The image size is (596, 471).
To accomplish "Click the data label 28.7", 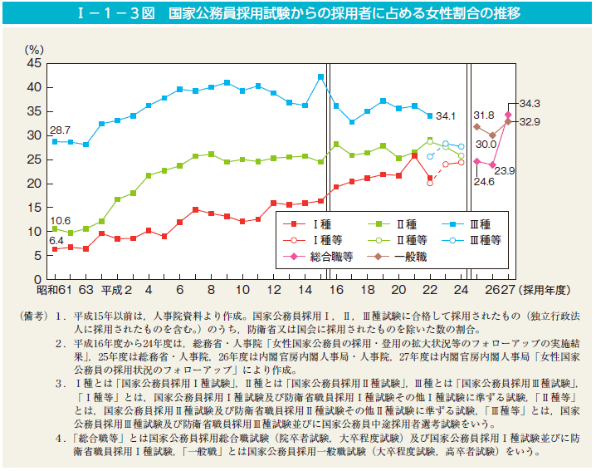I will [x=59, y=130].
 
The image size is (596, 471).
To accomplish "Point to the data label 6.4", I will [x=56, y=240].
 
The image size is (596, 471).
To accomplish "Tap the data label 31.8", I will [x=484, y=114].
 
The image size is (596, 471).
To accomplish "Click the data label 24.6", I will [x=483, y=179].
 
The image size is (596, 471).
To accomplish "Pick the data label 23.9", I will [x=506, y=171].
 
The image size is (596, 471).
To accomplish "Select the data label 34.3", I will [x=530, y=104].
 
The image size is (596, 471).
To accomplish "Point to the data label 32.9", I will [x=530, y=121].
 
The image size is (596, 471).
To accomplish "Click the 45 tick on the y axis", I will [x=33, y=63].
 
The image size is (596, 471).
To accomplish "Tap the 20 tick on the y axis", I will [x=33, y=183].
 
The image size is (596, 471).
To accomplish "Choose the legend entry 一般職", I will [x=410, y=257].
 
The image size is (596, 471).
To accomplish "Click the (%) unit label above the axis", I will [x=36, y=50].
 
